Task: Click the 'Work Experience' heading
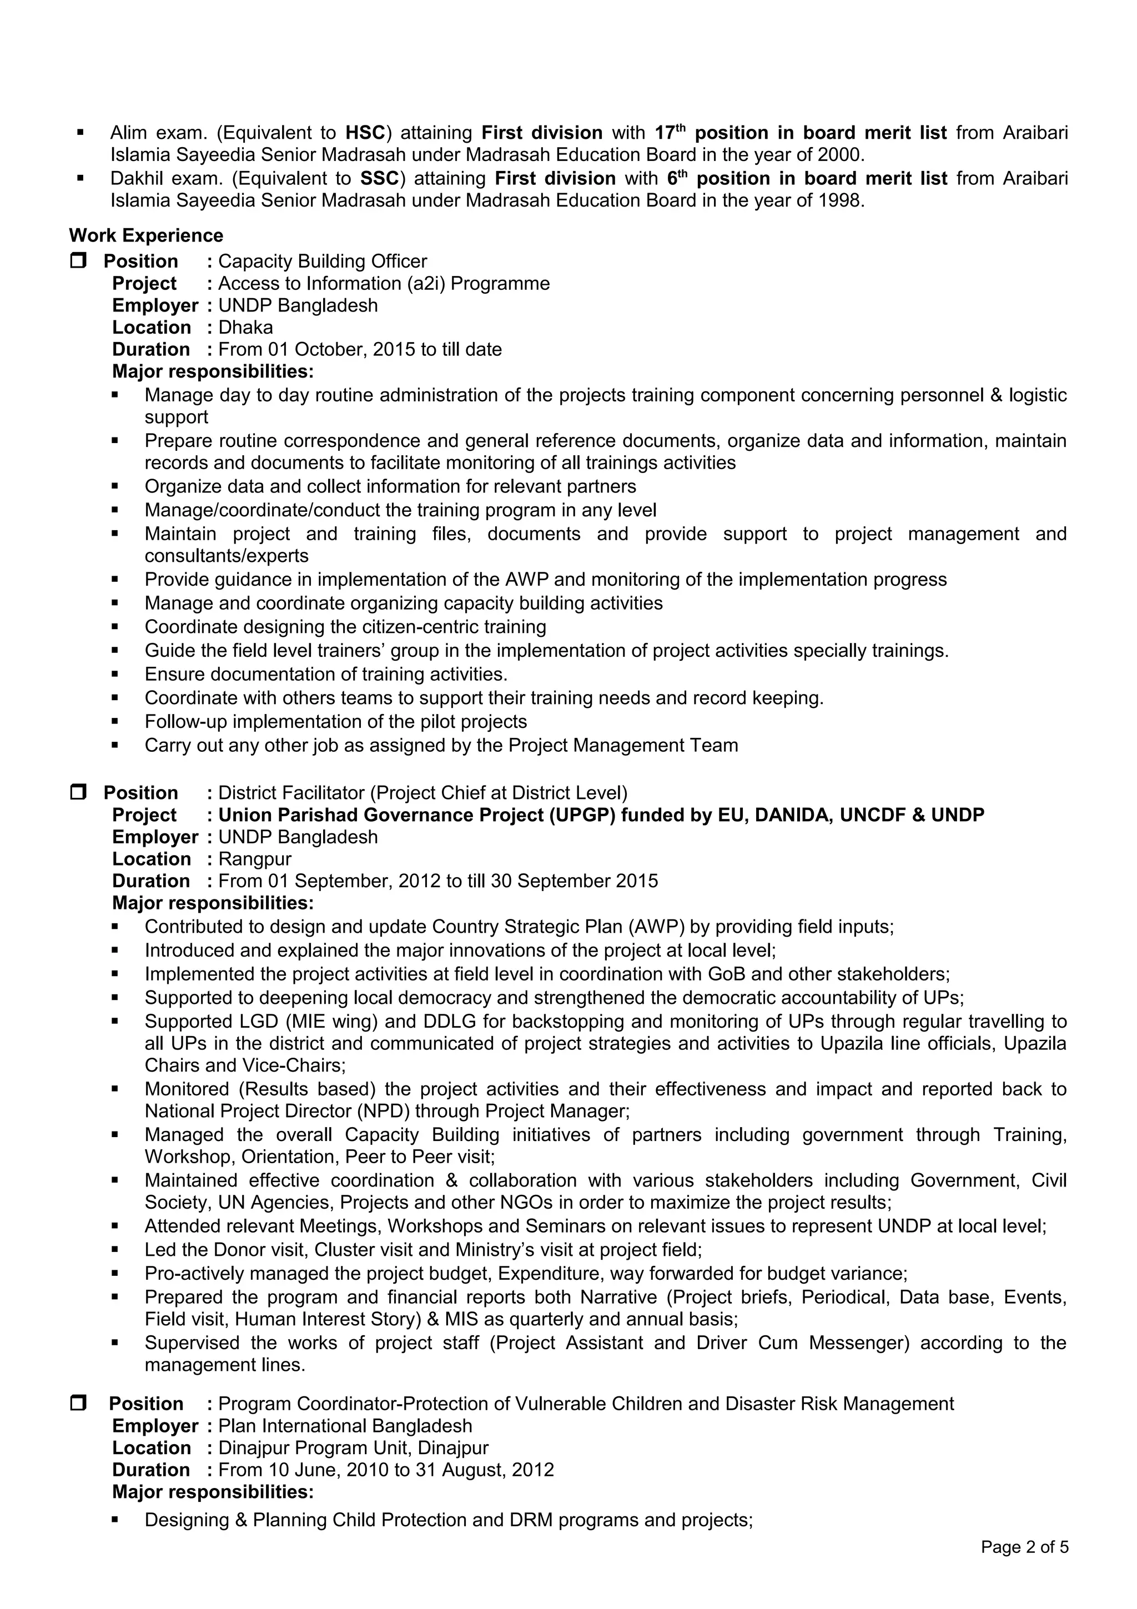coord(145,235)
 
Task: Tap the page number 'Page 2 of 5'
coord(1024,1547)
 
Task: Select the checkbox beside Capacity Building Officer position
coord(78,261)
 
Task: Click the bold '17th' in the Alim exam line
coord(670,133)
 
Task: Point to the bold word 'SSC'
coord(379,178)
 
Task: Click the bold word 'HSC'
coord(365,133)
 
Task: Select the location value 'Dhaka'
coord(245,327)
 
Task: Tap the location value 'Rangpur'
coord(254,858)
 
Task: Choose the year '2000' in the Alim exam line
coord(840,155)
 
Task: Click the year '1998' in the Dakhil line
coord(840,200)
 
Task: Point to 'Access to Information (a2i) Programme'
coord(383,283)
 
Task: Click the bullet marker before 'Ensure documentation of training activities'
coord(115,674)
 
